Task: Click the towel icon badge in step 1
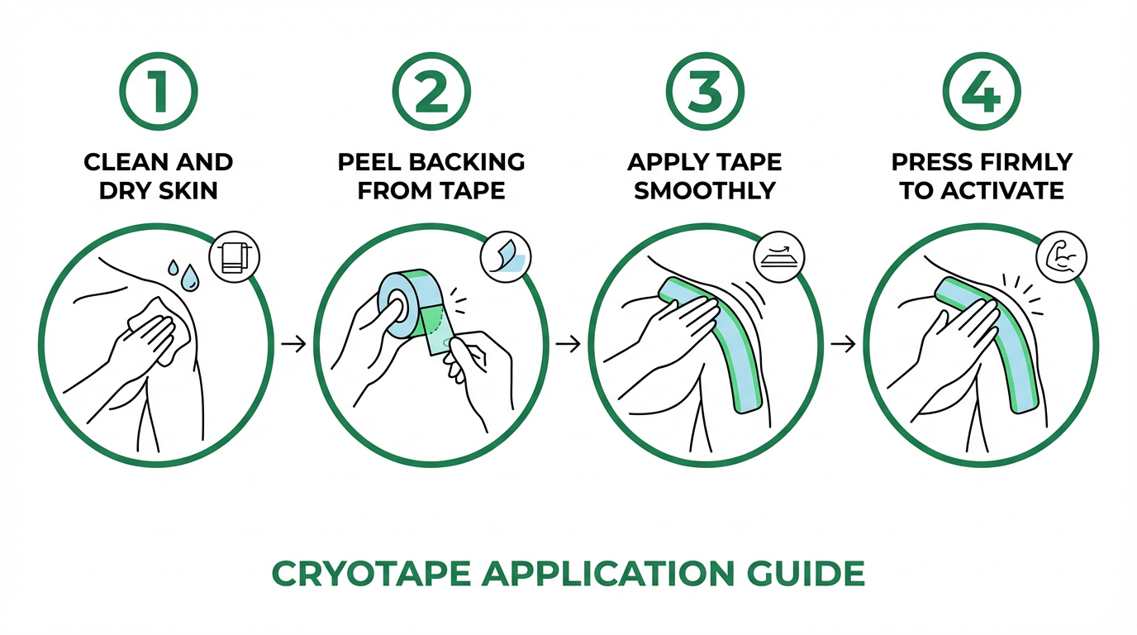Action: pos(235,257)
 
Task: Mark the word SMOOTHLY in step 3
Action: pos(705,191)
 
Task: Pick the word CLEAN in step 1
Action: pos(127,161)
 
